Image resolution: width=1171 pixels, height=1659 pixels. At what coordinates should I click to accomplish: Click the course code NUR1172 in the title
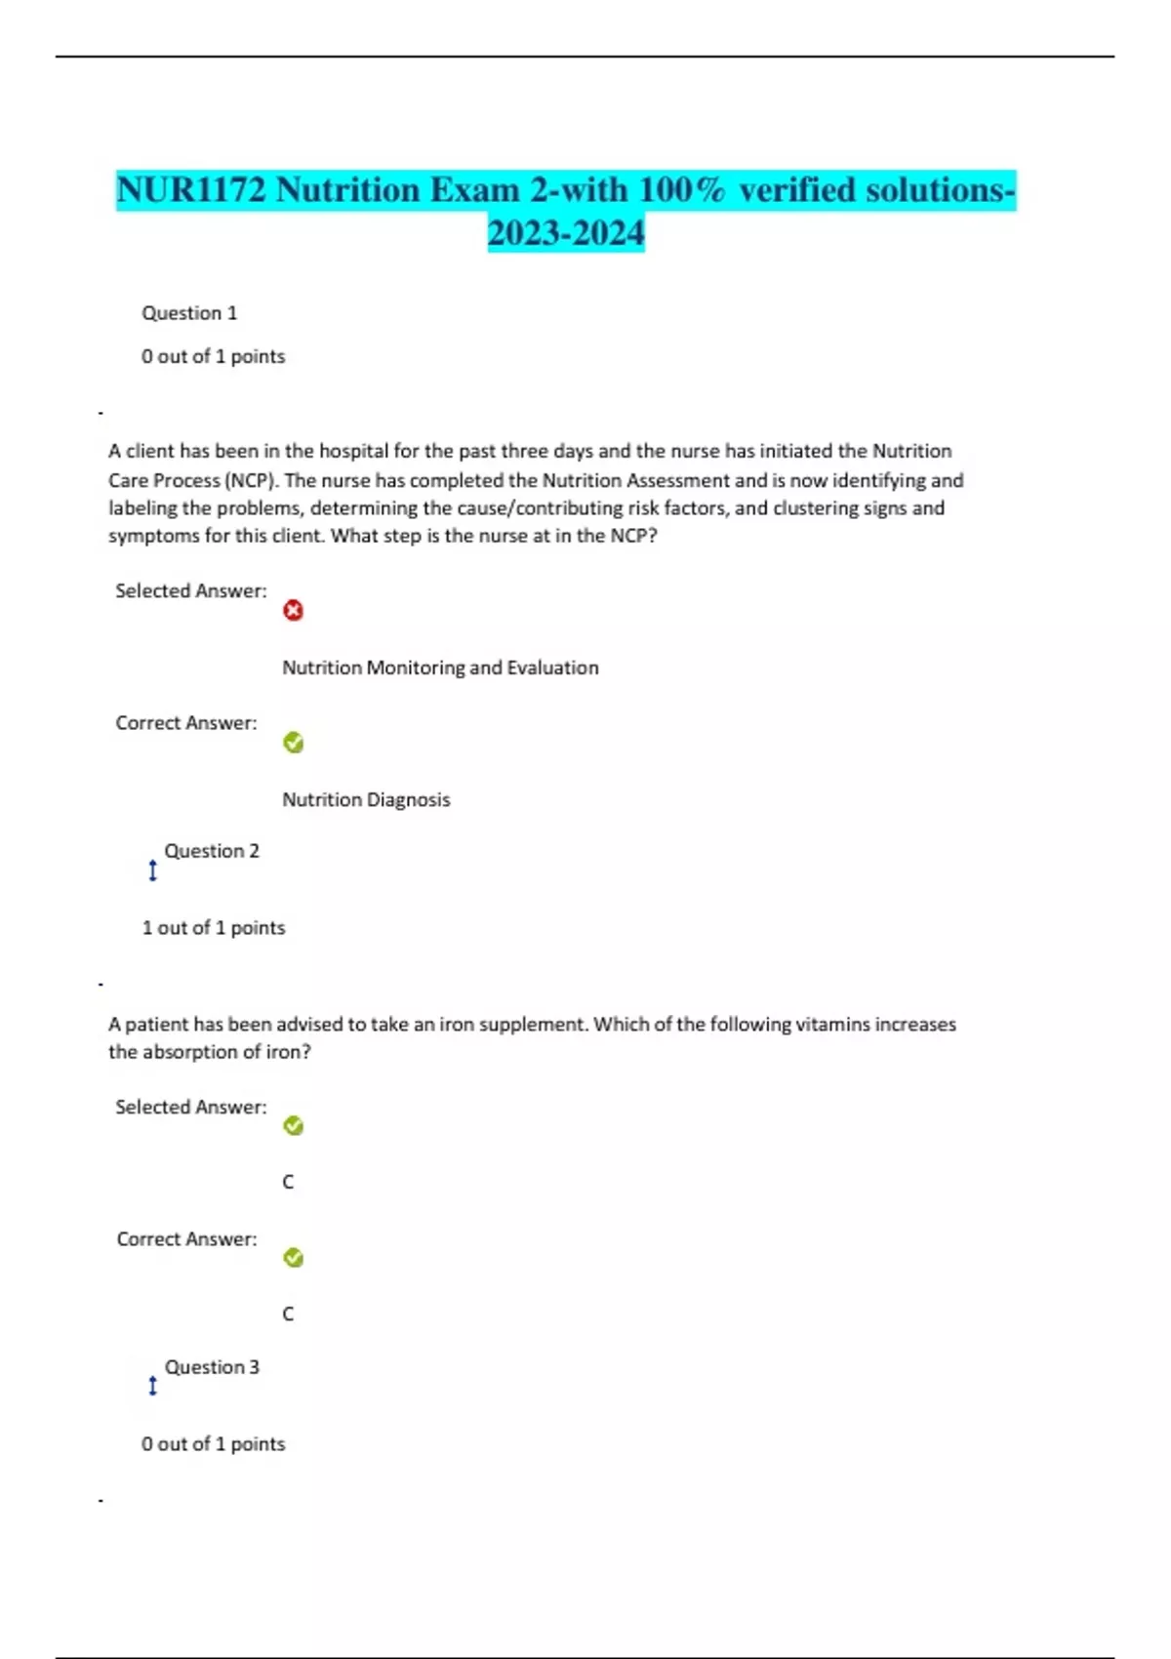click(x=191, y=189)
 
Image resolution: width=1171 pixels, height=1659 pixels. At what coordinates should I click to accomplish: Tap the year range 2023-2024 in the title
click(x=566, y=233)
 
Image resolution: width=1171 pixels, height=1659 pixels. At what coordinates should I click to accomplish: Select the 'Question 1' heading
click(x=189, y=313)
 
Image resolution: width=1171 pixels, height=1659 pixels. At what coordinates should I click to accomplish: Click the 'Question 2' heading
click(x=212, y=851)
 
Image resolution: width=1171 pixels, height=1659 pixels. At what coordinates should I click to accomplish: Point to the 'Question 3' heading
click(x=212, y=1367)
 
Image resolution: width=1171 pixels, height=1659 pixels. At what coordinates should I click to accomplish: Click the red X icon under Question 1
click(x=293, y=611)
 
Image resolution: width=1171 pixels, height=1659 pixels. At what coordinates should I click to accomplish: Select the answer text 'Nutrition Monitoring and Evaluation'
click(x=440, y=668)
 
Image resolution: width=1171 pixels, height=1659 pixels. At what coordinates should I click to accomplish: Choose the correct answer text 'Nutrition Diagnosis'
click(x=366, y=800)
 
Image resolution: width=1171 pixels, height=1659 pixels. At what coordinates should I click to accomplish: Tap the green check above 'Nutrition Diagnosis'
click(x=293, y=743)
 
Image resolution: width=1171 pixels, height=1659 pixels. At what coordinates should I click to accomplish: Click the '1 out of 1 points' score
click(x=214, y=928)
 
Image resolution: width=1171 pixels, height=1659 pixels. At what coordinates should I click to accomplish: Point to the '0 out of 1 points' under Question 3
click(x=214, y=1444)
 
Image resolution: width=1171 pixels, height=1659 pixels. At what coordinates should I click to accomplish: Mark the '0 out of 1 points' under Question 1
click(x=214, y=357)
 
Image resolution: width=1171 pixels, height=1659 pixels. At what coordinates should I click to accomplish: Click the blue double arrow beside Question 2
click(x=152, y=870)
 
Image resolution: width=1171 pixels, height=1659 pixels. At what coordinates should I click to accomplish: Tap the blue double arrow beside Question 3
click(x=152, y=1386)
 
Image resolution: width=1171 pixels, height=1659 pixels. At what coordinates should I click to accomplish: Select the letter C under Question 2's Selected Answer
click(x=288, y=1183)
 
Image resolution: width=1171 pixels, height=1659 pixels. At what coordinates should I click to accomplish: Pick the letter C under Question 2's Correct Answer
click(x=288, y=1315)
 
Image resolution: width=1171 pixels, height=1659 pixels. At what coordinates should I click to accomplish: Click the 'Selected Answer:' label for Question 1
click(x=191, y=590)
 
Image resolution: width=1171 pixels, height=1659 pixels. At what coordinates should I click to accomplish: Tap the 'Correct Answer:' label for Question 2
click(x=186, y=1239)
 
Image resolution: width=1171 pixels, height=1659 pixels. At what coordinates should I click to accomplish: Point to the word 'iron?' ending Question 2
click(x=289, y=1052)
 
